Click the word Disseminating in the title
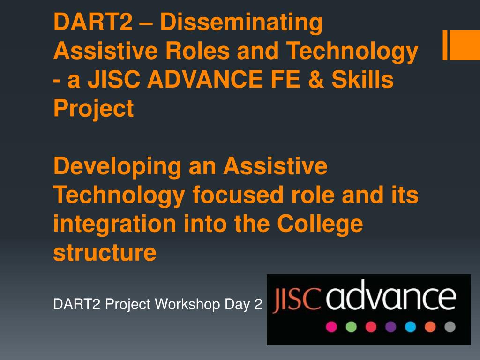[x=241, y=22]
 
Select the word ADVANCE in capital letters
[x=205, y=79]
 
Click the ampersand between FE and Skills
[x=316, y=79]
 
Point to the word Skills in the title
[x=363, y=79]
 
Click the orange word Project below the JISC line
[x=94, y=109]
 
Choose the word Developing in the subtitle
[x=118, y=167]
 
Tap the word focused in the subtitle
[x=238, y=195]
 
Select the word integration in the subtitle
[x=115, y=225]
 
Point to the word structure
[x=105, y=253]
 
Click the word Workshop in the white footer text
[x=187, y=304]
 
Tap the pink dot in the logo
[x=331, y=327]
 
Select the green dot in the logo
[x=351, y=327]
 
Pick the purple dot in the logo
[x=390, y=327]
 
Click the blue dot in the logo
[x=411, y=327]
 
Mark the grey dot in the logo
[x=450, y=327]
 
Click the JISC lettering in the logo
[x=297, y=299]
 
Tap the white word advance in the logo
[x=391, y=295]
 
